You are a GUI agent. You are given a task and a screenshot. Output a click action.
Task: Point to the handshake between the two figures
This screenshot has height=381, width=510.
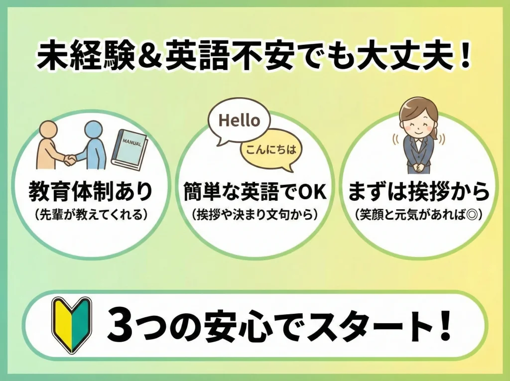point(70,159)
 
